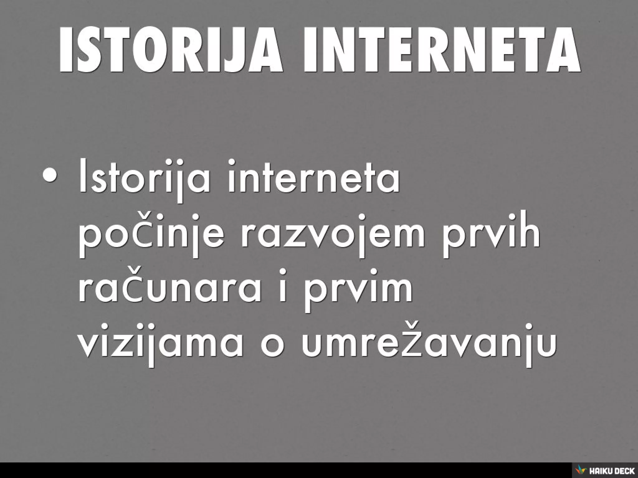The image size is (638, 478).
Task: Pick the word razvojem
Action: (333, 233)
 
